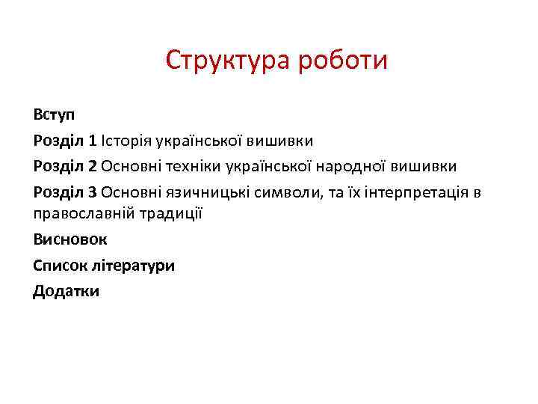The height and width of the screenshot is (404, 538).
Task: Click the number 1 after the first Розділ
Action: [x=93, y=140]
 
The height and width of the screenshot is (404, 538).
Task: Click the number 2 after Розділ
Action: [x=93, y=165]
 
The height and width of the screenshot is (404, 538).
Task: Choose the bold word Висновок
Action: [x=70, y=239]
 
